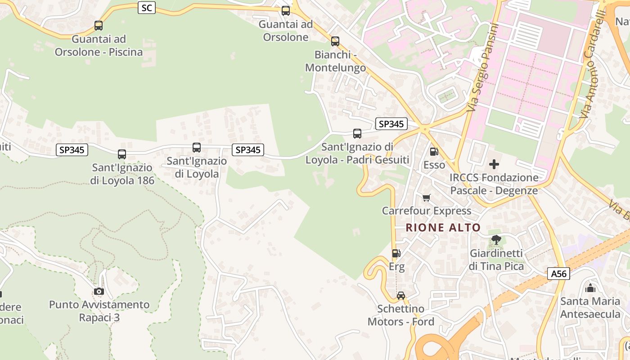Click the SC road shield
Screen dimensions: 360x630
pos(146,8)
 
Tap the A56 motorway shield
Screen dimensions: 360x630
pos(559,274)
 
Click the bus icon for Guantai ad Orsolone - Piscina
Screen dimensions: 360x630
pos(99,26)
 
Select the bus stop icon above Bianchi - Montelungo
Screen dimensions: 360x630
pos(335,41)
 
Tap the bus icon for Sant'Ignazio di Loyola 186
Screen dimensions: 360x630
pos(122,154)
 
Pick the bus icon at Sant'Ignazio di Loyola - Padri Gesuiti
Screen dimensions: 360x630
pos(357,134)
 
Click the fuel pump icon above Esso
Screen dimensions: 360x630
pos(434,152)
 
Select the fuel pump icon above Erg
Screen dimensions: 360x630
pos(396,253)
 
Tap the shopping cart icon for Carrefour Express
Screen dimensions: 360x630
pos(427,198)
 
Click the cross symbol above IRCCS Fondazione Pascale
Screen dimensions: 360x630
pos(494,164)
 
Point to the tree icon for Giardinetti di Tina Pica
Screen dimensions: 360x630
pos(496,240)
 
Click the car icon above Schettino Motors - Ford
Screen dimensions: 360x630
pos(401,296)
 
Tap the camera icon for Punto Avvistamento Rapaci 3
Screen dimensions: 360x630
pos(99,292)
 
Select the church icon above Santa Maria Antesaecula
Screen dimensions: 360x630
pos(590,288)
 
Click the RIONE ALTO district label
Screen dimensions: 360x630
pos(443,228)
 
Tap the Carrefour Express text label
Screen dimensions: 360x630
pos(427,211)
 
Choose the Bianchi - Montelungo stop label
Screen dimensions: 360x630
pos(336,61)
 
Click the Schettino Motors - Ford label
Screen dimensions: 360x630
pos(401,315)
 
